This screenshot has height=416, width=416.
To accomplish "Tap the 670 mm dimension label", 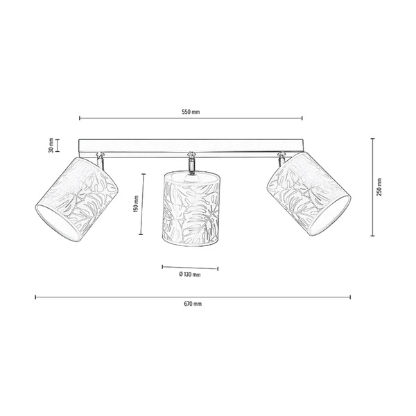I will tap(193, 304).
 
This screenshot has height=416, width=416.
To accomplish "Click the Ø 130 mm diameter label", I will tap(189, 275).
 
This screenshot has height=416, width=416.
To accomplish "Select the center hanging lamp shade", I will tap(190, 209).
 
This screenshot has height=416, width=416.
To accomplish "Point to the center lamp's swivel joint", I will tap(189, 162).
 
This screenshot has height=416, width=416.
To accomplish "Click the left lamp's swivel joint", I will tap(101, 158).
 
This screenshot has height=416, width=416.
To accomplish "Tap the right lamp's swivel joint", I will tap(280, 158).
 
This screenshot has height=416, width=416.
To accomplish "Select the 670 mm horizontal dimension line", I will tap(193, 297).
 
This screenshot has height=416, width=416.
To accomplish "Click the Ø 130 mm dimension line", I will tap(189, 267).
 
